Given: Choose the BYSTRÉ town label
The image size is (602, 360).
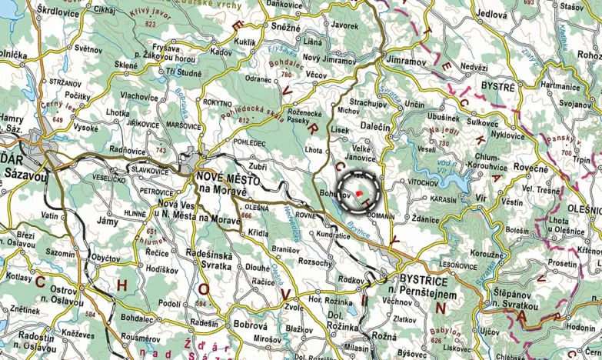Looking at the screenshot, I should tap(498, 87).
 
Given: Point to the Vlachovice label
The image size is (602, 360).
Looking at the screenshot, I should tap(139, 96).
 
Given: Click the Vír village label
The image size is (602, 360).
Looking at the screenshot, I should tap(481, 198).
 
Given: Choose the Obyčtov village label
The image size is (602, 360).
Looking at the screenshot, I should tap(105, 257).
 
